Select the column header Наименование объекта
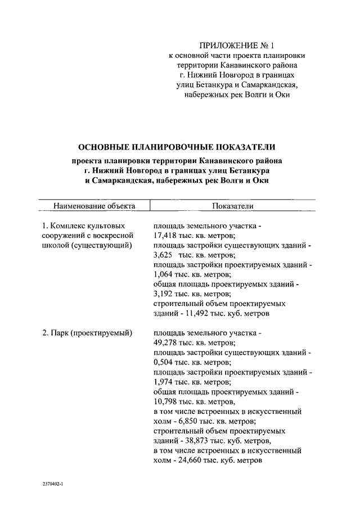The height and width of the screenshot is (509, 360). (94, 206)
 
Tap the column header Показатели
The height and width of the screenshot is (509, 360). (233, 206)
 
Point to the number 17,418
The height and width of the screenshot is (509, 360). (165, 236)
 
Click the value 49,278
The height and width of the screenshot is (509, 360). (165, 343)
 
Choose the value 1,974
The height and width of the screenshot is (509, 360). (163, 381)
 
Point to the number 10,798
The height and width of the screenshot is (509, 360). (165, 402)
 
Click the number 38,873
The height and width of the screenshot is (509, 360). (200, 440)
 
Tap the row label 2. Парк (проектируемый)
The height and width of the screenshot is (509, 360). (87, 333)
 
